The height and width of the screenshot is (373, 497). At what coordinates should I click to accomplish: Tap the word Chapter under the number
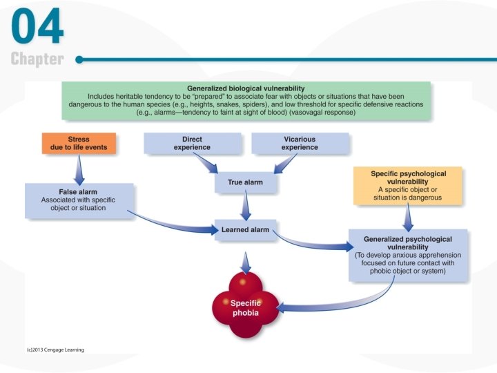(x=37, y=59)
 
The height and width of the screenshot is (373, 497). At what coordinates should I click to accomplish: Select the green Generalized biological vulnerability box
(x=246, y=101)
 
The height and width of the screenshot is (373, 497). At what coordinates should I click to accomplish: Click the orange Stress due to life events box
(x=78, y=143)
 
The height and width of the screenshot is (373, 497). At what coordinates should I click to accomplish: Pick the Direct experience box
(x=193, y=143)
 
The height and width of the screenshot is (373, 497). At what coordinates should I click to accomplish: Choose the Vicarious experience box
(x=300, y=143)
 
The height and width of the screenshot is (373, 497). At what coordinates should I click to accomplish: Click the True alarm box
(x=244, y=182)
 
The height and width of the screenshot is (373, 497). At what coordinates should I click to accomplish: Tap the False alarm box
(x=79, y=200)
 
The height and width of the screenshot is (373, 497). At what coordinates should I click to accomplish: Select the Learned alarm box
(x=244, y=229)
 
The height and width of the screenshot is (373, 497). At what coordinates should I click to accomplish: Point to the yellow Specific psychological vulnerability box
(x=409, y=186)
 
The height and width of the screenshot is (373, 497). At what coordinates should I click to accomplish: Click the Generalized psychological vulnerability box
(x=408, y=255)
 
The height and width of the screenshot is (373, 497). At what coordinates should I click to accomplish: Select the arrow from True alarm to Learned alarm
(x=244, y=207)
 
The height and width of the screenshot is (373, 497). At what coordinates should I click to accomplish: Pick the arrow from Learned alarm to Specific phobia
(x=245, y=260)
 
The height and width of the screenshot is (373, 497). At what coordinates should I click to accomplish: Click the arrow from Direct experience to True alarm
(x=206, y=164)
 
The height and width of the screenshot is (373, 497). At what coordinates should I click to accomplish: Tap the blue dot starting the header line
(x=79, y=59)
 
